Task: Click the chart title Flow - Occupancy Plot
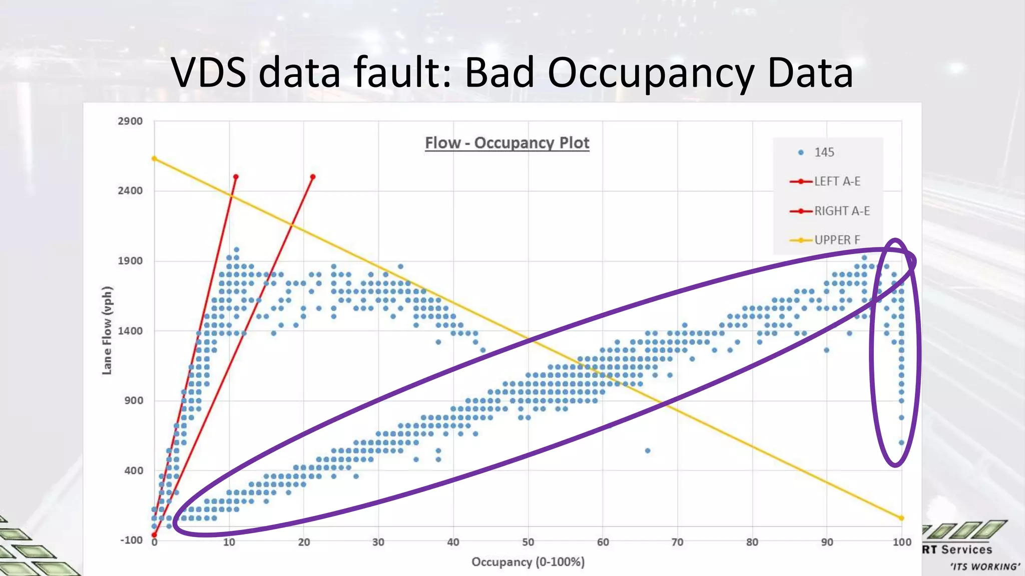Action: (x=507, y=143)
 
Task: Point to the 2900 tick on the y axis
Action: (x=130, y=121)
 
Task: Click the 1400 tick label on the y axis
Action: (x=130, y=331)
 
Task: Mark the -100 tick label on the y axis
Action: (x=131, y=540)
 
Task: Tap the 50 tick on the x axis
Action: (x=528, y=542)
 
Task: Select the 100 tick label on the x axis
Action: (x=902, y=542)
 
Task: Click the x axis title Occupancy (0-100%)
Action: (x=528, y=562)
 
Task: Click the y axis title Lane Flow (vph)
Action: (x=107, y=330)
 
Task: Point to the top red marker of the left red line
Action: (x=236, y=177)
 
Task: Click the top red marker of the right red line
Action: (x=313, y=177)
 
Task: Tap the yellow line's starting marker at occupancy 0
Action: (x=154, y=159)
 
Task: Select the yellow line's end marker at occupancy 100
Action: (x=902, y=518)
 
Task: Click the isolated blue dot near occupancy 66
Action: (x=648, y=450)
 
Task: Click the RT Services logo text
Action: (x=957, y=550)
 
